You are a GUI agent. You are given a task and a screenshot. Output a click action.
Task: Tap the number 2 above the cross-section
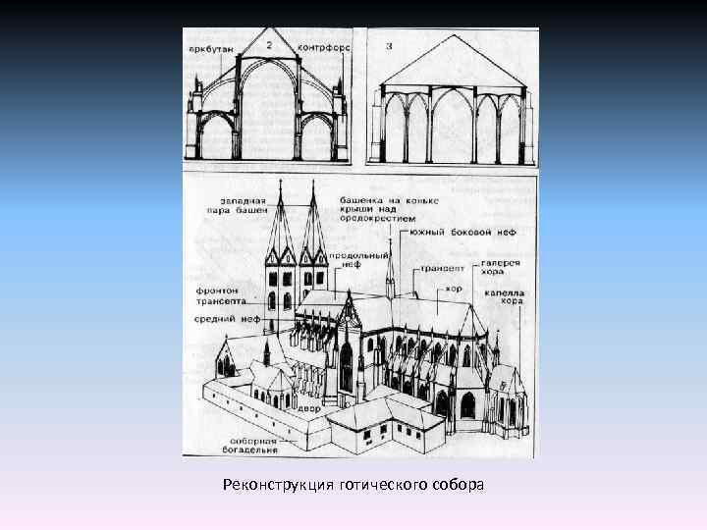pos(268,45)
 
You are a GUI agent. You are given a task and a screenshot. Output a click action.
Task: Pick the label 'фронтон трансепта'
pos(221,296)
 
